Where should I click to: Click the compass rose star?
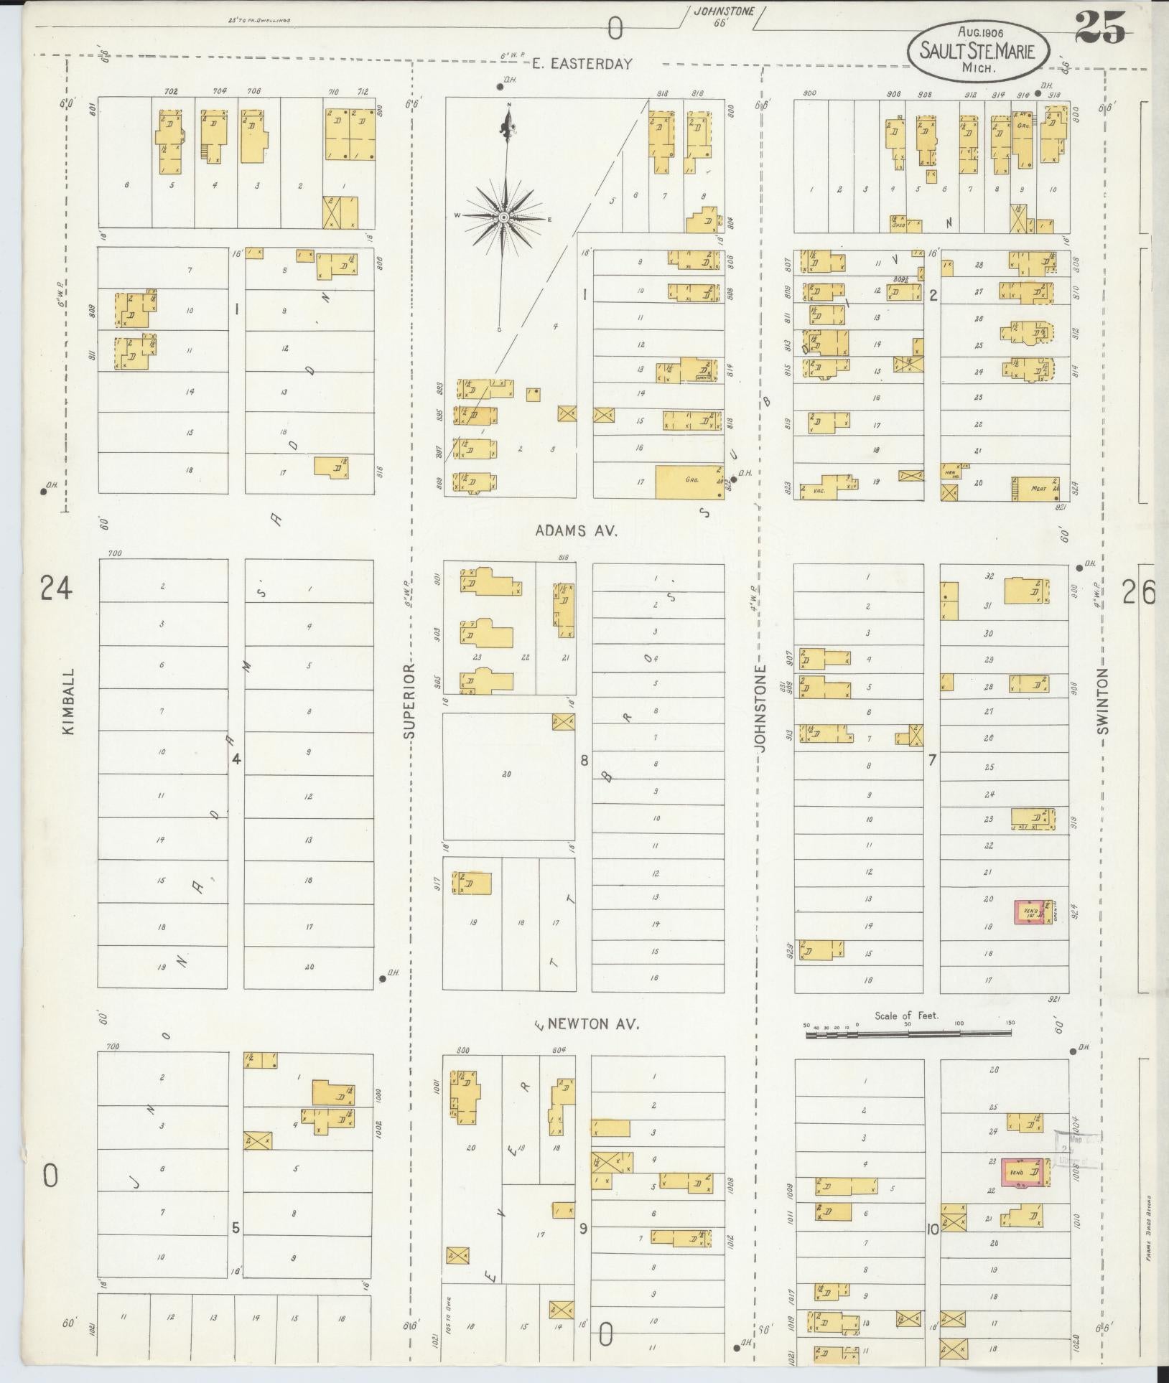[505, 217]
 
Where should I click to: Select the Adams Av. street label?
[577, 530]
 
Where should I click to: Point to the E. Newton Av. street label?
[587, 1025]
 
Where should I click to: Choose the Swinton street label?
[1104, 701]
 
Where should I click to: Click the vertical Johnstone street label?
[761, 708]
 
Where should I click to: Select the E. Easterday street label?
[582, 64]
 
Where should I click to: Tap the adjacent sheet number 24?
[56, 589]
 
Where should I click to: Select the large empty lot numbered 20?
[507, 774]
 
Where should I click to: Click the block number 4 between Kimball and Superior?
[236, 759]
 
